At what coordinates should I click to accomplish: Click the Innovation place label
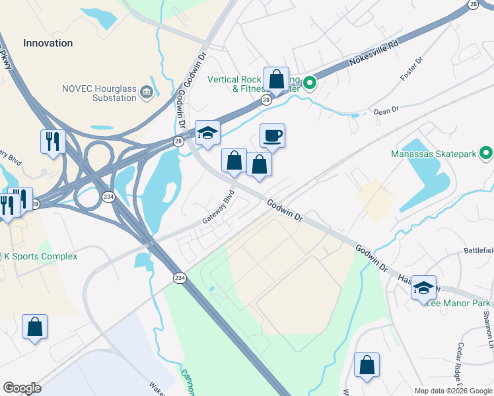pos(48,43)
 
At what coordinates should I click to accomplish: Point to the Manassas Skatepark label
pos(432,154)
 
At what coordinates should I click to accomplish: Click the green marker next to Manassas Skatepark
pos(486,154)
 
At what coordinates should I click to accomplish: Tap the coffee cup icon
pos(272,136)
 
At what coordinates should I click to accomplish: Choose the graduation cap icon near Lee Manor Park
pos(423,287)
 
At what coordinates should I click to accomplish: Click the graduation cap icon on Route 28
pos(207,133)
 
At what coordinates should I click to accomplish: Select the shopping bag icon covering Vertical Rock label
pos(277,80)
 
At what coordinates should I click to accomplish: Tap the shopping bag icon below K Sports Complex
pos(34,327)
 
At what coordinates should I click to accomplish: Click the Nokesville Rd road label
pos(376,56)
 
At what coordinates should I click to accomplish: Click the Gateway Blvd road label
pos(218,207)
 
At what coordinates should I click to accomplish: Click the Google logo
pos(22,387)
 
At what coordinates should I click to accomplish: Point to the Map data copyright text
pos(452,391)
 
